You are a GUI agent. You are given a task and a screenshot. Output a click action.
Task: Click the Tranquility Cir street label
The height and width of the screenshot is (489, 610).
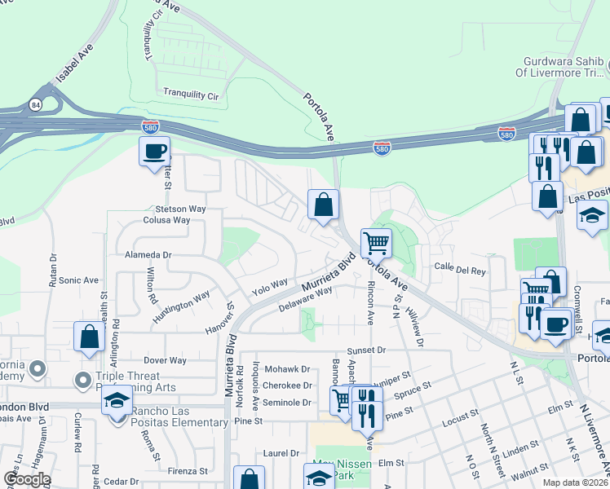tap(192, 95)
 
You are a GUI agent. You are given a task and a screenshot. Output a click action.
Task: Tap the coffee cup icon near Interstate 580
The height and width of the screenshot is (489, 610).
tap(154, 152)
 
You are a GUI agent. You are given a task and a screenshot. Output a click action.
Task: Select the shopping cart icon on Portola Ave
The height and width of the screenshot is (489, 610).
tap(376, 242)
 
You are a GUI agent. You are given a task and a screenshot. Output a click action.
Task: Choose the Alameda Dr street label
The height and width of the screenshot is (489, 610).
tap(148, 254)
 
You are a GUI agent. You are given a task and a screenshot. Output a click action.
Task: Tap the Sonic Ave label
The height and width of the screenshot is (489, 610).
tap(78, 280)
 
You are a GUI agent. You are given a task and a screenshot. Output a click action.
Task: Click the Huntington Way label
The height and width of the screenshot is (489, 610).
tap(185, 302)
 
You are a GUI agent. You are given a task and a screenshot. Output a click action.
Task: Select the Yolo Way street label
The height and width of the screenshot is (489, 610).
tap(270, 285)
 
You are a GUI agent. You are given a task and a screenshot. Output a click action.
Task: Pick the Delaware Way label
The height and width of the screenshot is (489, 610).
tap(305, 299)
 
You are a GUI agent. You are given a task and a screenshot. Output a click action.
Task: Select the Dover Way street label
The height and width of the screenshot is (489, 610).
tap(165, 360)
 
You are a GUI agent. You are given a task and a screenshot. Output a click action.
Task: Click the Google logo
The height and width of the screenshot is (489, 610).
tap(27, 479)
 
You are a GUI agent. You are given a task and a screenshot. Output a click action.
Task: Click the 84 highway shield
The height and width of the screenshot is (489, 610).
tap(35, 104)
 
